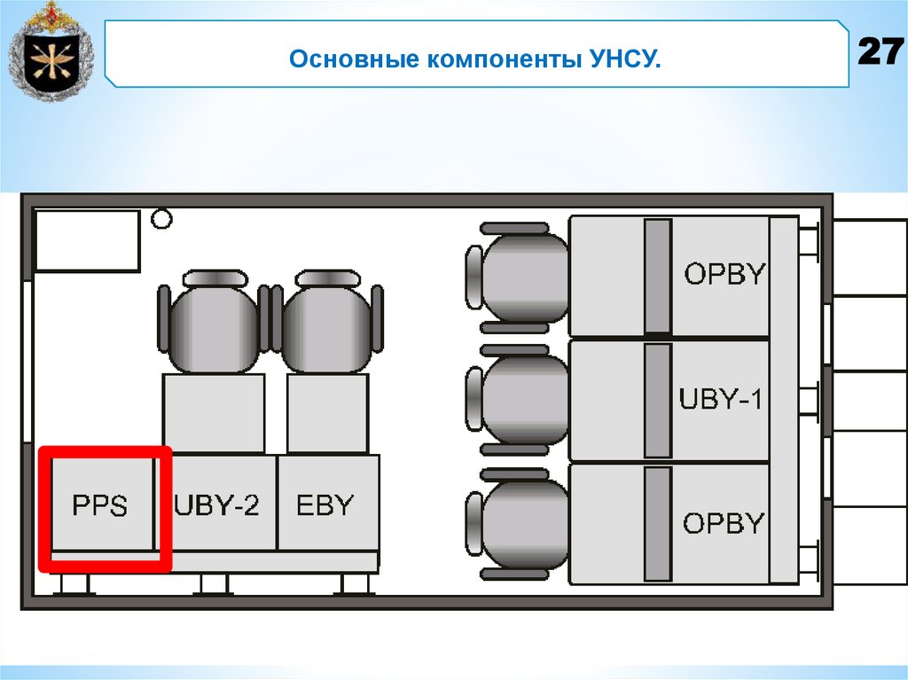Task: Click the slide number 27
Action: [880, 52]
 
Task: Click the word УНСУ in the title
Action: [623, 60]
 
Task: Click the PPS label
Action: [99, 507]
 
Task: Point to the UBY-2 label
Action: [217, 505]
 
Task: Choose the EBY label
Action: [325, 505]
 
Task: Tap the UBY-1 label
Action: [721, 399]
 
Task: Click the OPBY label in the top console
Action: [724, 274]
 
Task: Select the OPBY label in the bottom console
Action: [724, 523]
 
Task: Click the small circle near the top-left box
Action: [160, 218]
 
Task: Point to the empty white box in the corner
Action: [87, 239]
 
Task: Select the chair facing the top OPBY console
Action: [519, 277]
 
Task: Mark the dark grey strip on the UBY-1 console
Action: [657, 400]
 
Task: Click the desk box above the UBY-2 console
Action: [214, 413]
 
